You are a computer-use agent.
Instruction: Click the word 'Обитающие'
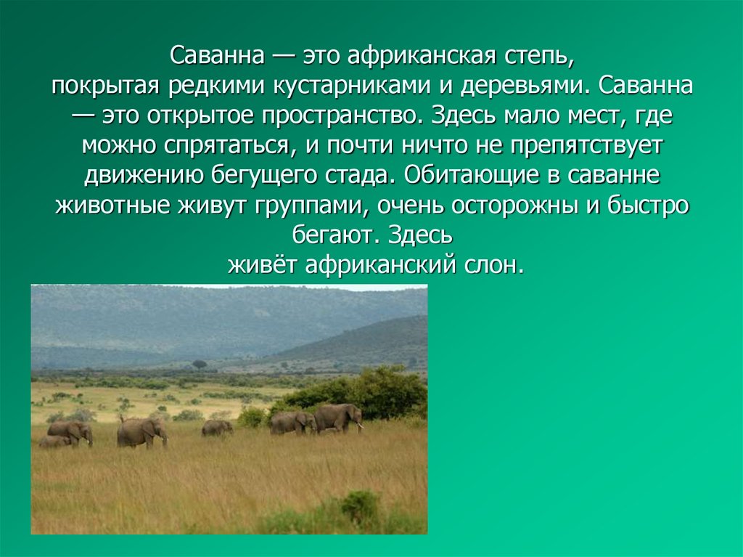(x=477, y=176)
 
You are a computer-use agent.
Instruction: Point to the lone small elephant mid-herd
(x=217, y=428)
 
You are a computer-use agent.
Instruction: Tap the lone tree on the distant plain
(x=200, y=364)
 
